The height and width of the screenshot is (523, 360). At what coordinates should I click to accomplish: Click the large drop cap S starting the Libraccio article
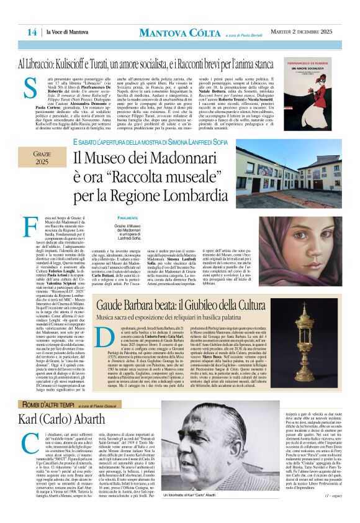click(29, 92)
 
